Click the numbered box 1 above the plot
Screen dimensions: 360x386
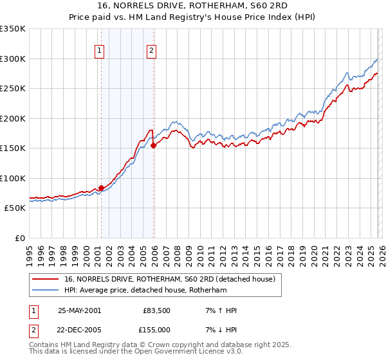point(100,52)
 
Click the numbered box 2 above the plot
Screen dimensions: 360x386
point(152,52)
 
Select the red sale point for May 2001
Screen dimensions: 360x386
point(101,188)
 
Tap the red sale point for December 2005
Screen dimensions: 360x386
point(153,146)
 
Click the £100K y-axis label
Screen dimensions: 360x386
point(13,178)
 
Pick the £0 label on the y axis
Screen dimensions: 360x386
point(19,238)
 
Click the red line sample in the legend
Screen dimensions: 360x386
point(46,279)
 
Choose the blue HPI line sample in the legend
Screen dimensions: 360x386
point(46,291)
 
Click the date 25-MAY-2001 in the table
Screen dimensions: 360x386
point(79,310)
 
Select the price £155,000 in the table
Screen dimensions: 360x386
point(157,330)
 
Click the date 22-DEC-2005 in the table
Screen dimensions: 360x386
point(79,330)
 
